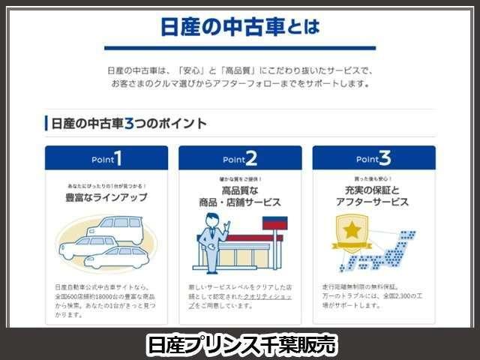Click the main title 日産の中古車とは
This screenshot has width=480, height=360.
point(240,28)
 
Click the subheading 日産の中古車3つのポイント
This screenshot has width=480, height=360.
point(126,123)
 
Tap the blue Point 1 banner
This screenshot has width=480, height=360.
point(106,159)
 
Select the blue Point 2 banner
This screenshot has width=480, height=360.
point(240,159)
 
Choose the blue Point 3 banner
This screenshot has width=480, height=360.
point(373,159)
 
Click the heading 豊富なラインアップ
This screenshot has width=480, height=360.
point(106,198)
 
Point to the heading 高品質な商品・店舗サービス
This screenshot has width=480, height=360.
point(240,196)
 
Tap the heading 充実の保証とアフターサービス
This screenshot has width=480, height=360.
point(373,196)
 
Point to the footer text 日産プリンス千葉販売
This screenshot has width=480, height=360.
point(240,344)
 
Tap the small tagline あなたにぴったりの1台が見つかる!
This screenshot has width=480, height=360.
point(106,184)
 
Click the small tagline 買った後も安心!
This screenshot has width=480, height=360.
point(373,181)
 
